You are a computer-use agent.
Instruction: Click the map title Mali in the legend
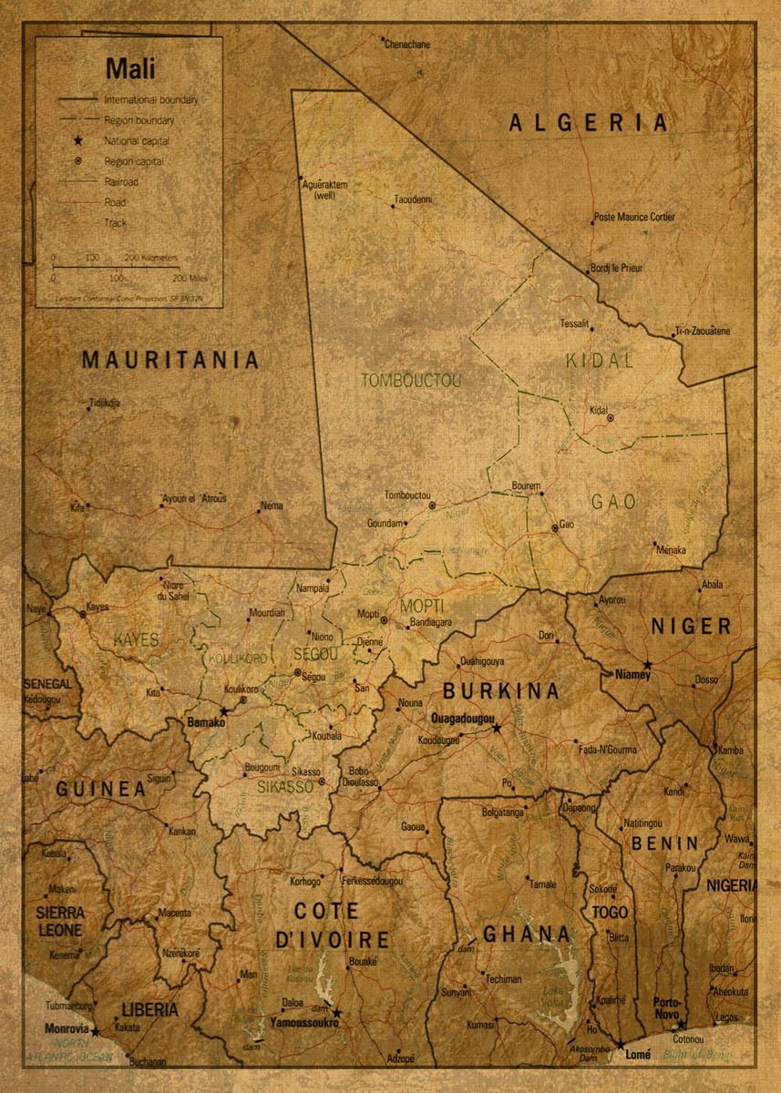(x=130, y=68)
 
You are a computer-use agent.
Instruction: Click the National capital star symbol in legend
(x=79, y=141)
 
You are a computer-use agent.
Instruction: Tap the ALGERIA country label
(x=589, y=123)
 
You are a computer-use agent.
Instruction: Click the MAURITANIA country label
(x=170, y=360)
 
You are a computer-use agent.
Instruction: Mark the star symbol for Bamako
(x=224, y=711)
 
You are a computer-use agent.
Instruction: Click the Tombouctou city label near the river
(x=407, y=495)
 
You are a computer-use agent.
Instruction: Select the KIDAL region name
(x=599, y=361)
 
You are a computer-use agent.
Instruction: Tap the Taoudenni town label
(x=413, y=199)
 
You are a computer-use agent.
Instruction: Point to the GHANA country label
(x=527, y=934)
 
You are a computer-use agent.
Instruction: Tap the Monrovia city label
(x=67, y=1028)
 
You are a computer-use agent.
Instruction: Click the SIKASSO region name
(x=284, y=786)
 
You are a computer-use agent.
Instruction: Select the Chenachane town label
(x=406, y=44)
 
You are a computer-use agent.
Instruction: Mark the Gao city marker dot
(x=554, y=528)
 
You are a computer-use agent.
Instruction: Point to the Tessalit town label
(x=574, y=323)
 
